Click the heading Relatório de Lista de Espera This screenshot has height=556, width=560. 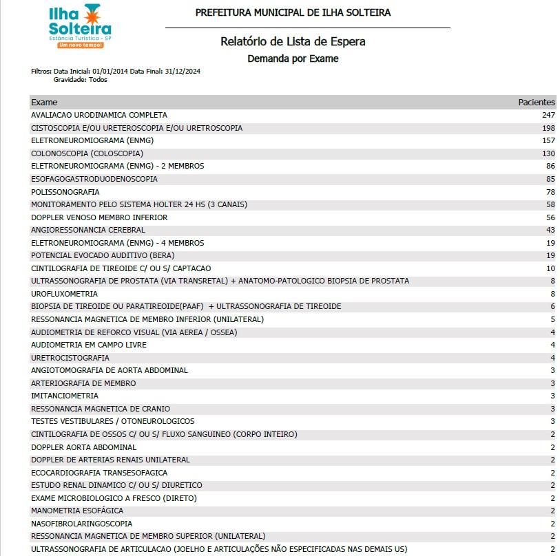(293, 41)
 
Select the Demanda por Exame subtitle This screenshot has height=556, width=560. (293, 58)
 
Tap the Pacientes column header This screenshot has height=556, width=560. (536, 102)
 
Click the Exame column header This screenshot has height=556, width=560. (44, 102)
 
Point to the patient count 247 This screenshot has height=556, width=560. (548, 115)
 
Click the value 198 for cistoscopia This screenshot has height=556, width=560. (548, 128)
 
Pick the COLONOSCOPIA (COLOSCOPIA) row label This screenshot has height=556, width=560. (87, 153)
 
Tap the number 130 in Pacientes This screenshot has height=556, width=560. (548, 153)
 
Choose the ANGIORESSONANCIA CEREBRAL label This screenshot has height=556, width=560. (88, 230)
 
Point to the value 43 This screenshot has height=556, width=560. (550, 230)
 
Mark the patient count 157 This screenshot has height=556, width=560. (548, 140)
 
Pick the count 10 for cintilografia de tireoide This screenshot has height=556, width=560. (550, 268)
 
